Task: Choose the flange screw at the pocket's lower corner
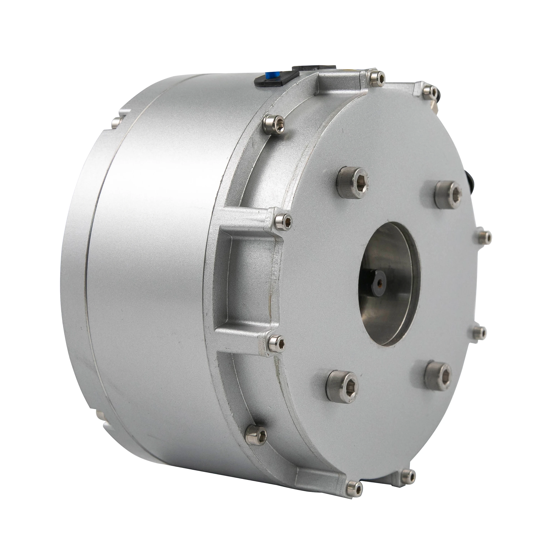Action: [x=276, y=343]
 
